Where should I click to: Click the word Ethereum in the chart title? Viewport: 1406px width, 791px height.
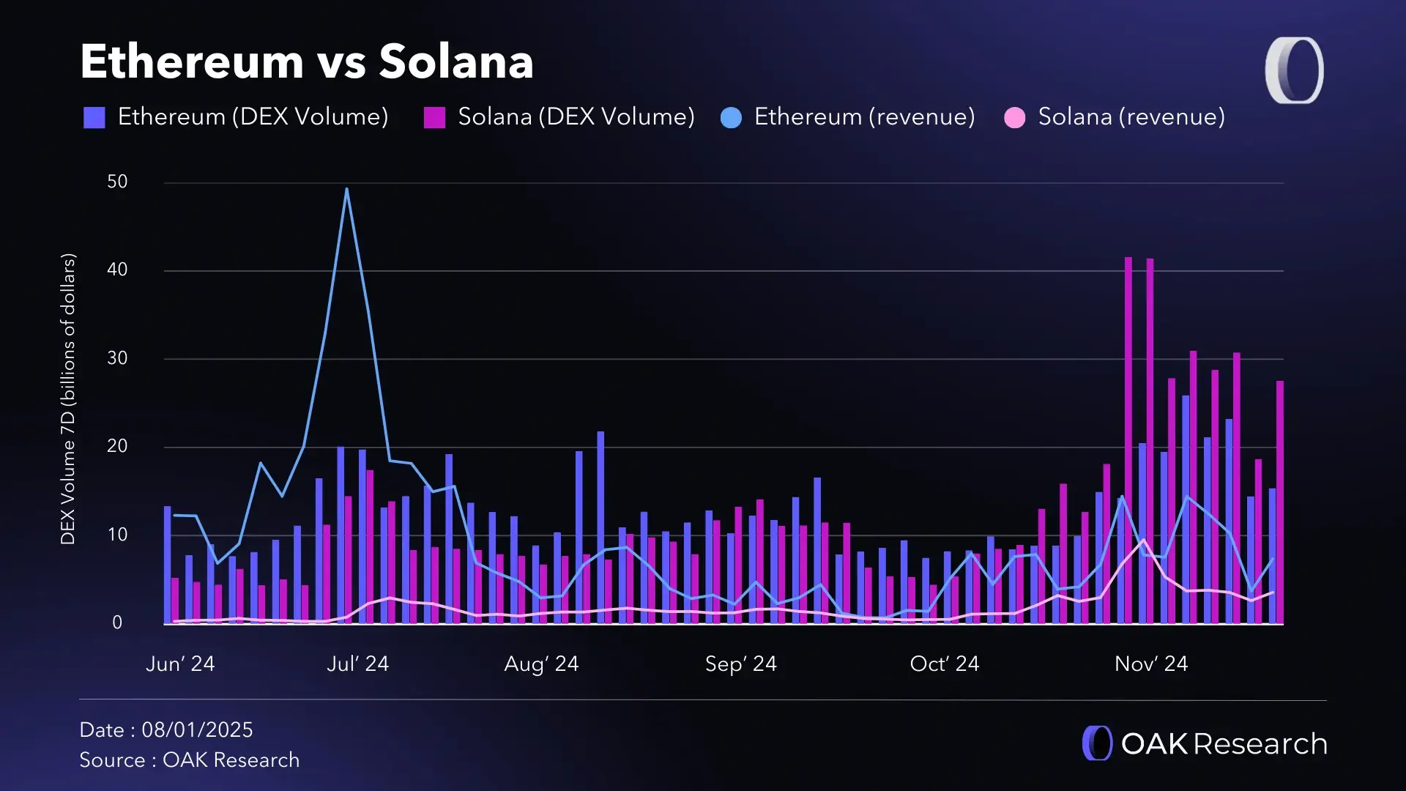click(x=191, y=62)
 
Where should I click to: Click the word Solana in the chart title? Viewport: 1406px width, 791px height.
click(x=455, y=62)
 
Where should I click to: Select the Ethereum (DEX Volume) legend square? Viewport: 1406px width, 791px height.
click(x=94, y=117)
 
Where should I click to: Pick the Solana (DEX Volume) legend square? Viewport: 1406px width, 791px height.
click(x=434, y=117)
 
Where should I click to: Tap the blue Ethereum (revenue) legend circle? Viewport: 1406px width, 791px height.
click(x=731, y=117)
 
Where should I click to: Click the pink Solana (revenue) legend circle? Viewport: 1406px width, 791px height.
click(x=1014, y=117)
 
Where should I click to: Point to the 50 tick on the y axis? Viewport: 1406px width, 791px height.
click(x=117, y=182)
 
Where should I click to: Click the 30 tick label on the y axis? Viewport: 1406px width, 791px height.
click(x=117, y=358)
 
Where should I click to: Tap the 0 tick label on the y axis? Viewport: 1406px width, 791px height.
click(x=117, y=623)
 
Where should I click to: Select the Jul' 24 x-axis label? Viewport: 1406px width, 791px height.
click(x=357, y=664)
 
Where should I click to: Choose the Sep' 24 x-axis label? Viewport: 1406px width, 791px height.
click(x=740, y=664)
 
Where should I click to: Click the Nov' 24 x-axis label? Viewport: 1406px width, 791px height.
click(x=1150, y=664)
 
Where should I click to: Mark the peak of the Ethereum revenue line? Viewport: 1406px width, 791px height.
click(x=346, y=190)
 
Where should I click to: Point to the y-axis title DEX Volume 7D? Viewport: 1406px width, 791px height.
click(x=67, y=399)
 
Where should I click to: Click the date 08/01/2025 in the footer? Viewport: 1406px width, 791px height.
click(x=197, y=730)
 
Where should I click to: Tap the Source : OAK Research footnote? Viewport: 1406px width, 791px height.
click(x=189, y=760)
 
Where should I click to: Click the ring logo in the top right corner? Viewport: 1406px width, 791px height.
click(x=1294, y=70)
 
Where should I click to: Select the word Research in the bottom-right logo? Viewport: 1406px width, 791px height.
click(x=1260, y=744)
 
